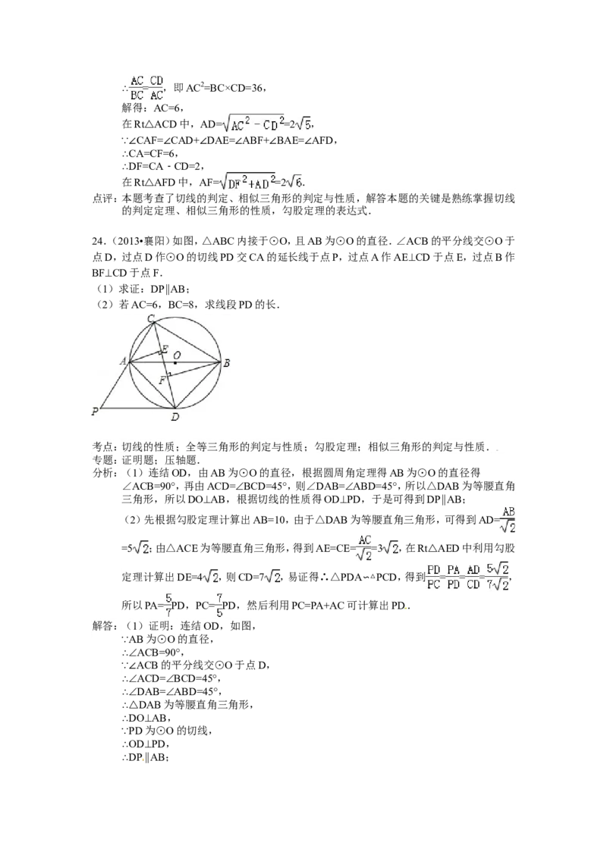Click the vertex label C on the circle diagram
151,318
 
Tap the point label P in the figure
96,412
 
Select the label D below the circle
175,418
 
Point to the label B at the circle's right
227,363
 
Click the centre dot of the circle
176,362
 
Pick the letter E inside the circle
164,349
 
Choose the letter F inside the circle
162,380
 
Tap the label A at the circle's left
124,361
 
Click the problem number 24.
98,241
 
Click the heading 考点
102,447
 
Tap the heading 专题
102,460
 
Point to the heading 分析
102,473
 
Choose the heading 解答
102,626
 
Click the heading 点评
102,198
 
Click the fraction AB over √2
508,520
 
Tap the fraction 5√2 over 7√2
498,577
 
